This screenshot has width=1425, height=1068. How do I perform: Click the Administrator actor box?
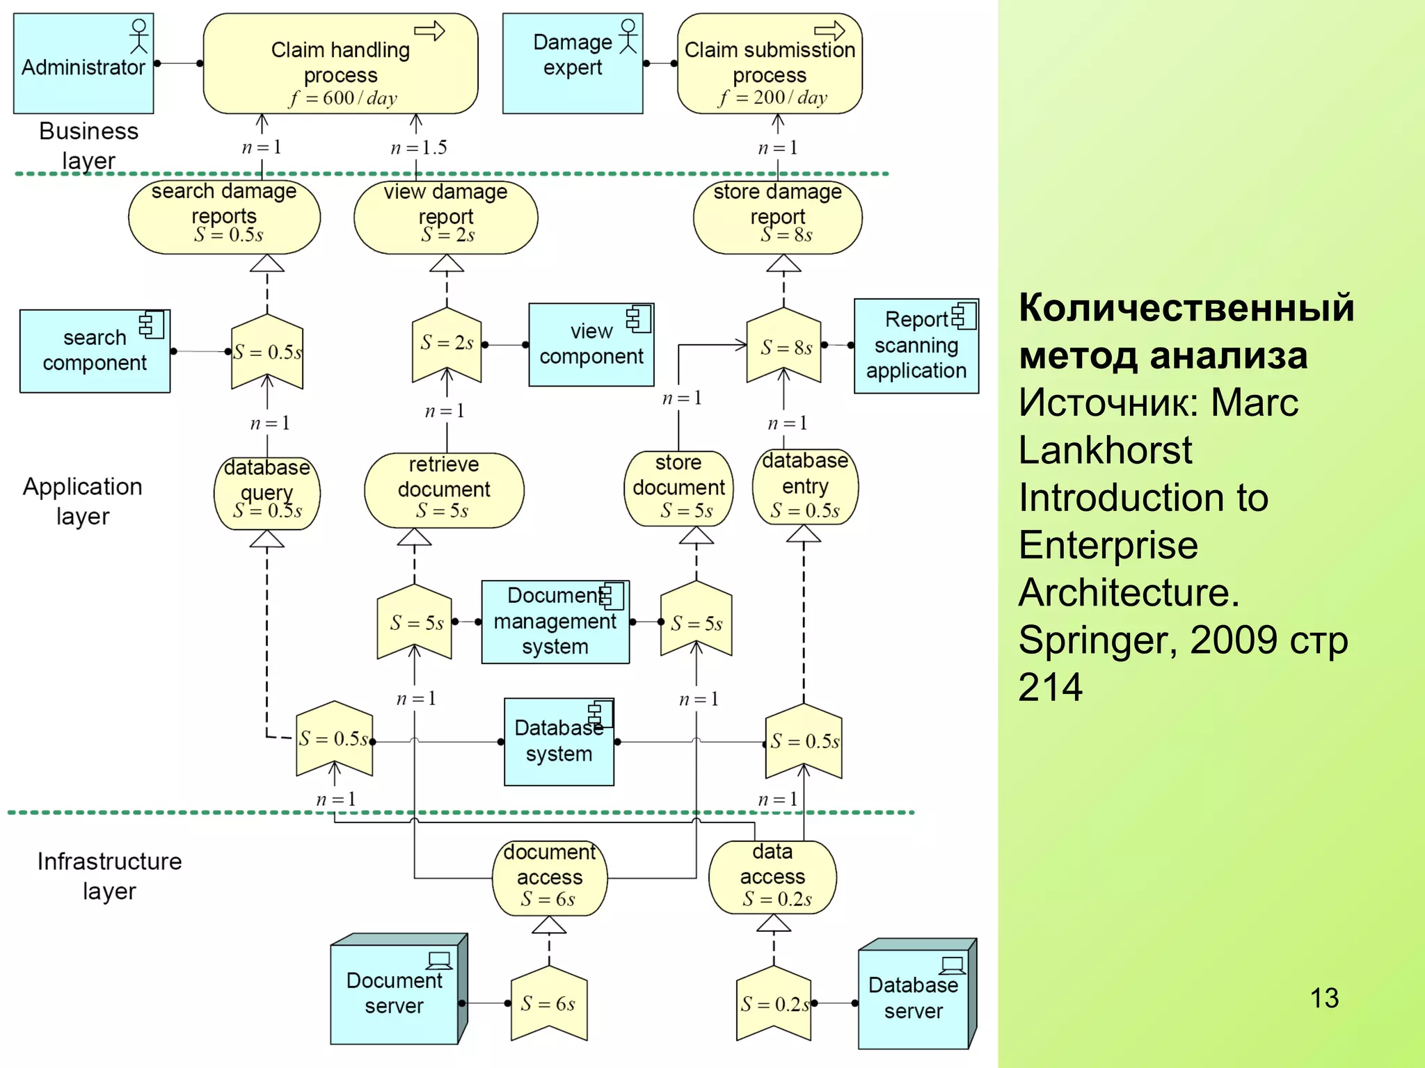click(x=83, y=63)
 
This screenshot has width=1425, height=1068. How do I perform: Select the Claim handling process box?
click(x=340, y=63)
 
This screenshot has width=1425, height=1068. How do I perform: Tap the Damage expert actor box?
click(x=572, y=63)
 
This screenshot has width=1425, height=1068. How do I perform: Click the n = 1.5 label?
click(x=418, y=147)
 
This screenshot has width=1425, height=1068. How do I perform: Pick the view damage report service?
click(x=445, y=216)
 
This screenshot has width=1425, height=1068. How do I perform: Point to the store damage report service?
click(x=777, y=216)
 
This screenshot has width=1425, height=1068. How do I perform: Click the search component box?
click(x=95, y=351)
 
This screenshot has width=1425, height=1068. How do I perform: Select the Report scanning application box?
click(x=916, y=346)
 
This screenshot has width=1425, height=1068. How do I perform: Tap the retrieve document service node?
click(x=444, y=489)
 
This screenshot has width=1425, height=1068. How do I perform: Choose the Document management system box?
click(x=555, y=622)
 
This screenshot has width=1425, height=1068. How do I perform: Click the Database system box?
click(x=559, y=742)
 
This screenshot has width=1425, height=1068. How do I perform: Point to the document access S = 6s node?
click(x=549, y=877)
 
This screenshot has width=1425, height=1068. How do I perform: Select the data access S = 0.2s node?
click(x=772, y=877)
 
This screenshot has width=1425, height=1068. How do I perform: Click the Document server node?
click(x=394, y=993)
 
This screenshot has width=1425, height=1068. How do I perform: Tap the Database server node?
click(x=913, y=998)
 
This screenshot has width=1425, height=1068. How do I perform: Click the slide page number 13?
click(x=1324, y=998)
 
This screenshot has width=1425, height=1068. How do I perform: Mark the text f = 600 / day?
click(x=343, y=98)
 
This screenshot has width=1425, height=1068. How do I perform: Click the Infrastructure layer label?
click(x=109, y=875)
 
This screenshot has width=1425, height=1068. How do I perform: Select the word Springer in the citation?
click(x=1097, y=640)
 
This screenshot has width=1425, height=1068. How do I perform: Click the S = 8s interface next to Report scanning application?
click(x=784, y=346)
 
